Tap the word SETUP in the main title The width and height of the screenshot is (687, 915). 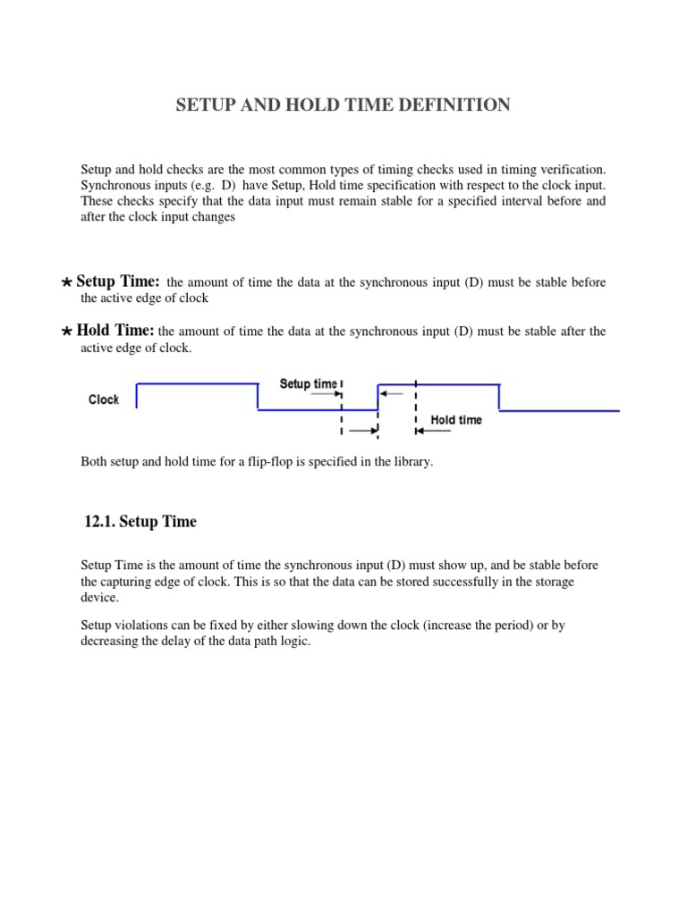tap(207, 105)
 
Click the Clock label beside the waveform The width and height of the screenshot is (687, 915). tap(104, 399)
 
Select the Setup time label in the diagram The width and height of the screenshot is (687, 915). tap(309, 384)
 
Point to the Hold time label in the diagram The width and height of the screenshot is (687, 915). tap(456, 420)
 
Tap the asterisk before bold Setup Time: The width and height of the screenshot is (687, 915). tap(67, 283)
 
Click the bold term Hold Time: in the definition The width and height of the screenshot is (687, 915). tap(115, 331)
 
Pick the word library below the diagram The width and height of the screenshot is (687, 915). tap(412, 462)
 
